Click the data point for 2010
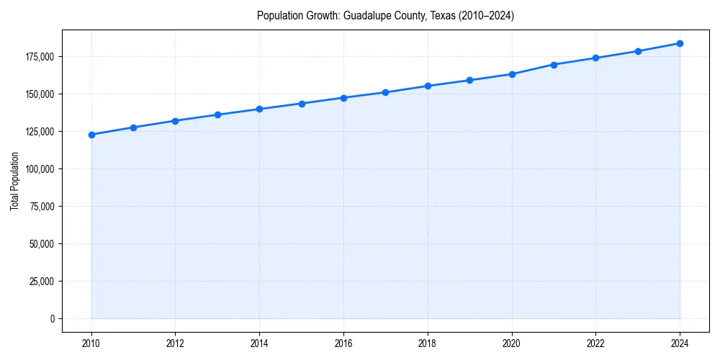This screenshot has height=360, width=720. [x=91, y=135]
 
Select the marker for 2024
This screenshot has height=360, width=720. [x=680, y=43]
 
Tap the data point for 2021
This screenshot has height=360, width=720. [x=554, y=65]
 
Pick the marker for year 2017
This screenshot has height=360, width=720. [x=386, y=92]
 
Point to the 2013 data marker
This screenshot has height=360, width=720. [x=217, y=114]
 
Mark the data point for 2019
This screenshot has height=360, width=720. [x=469, y=80]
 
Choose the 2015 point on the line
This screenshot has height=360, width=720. [x=302, y=104]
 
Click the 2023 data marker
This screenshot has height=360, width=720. [x=638, y=51]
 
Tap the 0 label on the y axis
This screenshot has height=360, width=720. [x=52, y=319]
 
